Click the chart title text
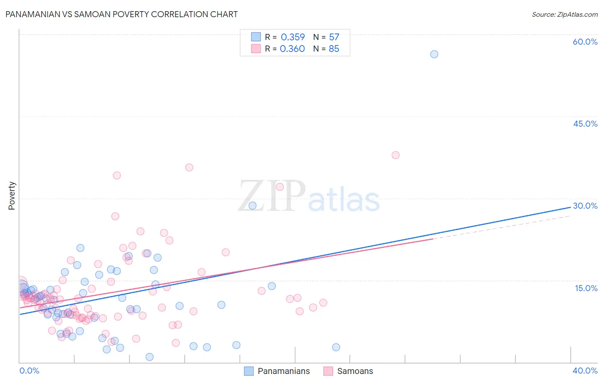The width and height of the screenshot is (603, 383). click(x=121, y=14)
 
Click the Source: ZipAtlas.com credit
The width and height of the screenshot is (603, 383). click(x=564, y=15)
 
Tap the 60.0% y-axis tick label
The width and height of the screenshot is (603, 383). click(x=585, y=42)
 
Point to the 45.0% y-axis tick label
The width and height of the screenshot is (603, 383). click(x=585, y=124)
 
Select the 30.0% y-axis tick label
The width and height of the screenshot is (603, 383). click(x=585, y=206)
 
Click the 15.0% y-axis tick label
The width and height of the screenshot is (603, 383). click(x=586, y=288)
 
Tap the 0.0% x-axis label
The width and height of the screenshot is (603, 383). click(x=29, y=371)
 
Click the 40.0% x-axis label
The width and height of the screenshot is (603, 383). click(x=585, y=371)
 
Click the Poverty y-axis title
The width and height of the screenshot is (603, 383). click(x=12, y=196)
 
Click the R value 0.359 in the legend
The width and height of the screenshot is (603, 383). click(x=292, y=37)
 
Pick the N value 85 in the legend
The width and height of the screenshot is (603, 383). click(x=334, y=49)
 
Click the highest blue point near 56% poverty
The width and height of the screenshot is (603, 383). click(x=434, y=54)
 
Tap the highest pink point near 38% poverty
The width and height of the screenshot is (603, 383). click(x=395, y=155)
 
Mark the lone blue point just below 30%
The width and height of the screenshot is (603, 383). click(x=253, y=206)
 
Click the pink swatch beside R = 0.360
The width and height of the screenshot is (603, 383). click(x=256, y=49)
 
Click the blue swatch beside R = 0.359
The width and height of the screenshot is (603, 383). click(x=256, y=37)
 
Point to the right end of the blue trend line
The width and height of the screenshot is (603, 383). click(x=570, y=207)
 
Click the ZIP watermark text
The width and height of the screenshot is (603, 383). click(x=271, y=197)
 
